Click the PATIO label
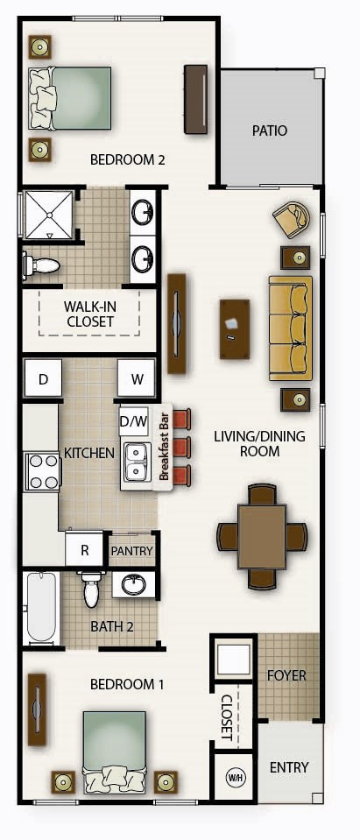pyautogui.click(x=270, y=131)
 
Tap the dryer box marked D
pyautogui.click(x=42, y=380)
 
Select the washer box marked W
pyautogui.click(x=137, y=380)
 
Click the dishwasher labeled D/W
pyautogui.click(x=133, y=421)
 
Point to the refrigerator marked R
pyautogui.click(x=85, y=551)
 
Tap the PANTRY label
pyautogui.click(x=132, y=552)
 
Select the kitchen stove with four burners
pyautogui.click(x=40, y=471)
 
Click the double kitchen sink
pyautogui.click(x=136, y=462)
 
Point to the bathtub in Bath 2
pyautogui.click(x=41, y=607)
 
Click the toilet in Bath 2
pyautogui.click(x=91, y=590)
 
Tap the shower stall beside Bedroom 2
pyautogui.click(x=49, y=215)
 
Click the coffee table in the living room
pyautogui.click(x=234, y=328)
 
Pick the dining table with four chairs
pyautogui.click(x=262, y=535)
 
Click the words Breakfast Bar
pyautogui.click(x=163, y=447)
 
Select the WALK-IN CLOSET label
pyautogui.click(x=89, y=314)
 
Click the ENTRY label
pyautogui.click(x=289, y=767)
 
